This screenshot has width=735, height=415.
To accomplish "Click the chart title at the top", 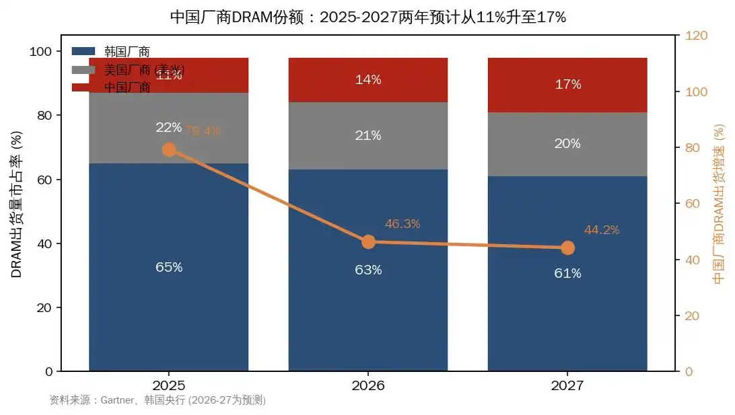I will tap(367, 17).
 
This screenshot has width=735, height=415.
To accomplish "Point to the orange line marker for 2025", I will tap(170, 149).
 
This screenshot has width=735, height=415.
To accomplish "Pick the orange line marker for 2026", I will tap(368, 242).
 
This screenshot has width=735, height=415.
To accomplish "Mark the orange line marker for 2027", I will tap(567, 248).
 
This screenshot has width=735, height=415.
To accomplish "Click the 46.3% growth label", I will tap(403, 224).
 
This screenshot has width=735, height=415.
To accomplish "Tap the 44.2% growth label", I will tap(602, 230).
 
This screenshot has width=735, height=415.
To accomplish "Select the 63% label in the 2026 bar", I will tap(368, 270).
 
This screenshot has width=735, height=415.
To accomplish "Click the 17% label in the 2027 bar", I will tap(567, 85).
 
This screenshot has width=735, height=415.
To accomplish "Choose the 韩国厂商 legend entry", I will tap(127, 52).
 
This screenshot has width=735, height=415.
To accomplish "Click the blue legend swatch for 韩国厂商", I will tap(84, 51).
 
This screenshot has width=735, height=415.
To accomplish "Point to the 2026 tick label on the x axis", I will tap(368, 386).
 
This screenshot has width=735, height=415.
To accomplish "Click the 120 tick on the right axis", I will tap(696, 36).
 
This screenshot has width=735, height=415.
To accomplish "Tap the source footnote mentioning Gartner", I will tap(157, 400).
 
